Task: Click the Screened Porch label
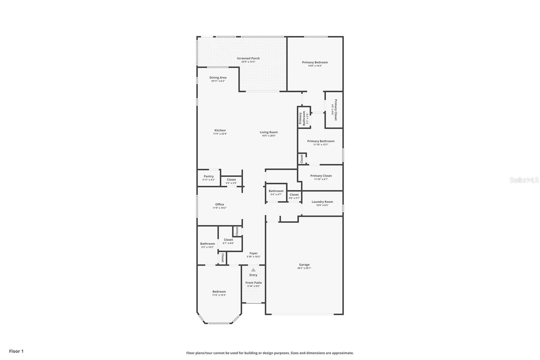pyautogui.click(x=248, y=58)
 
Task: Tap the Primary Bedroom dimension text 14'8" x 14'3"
pyautogui.click(x=315, y=66)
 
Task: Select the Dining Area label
pyautogui.click(x=218, y=78)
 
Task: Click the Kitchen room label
pyautogui.click(x=220, y=130)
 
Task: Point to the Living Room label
pyautogui.click(x=269, y=132)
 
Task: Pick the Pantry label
pyautogui.click(x=209, y=176)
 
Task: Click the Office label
pyautogui.click(x=219, y=204)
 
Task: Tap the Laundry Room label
pyautogui.click(x=322, y=202)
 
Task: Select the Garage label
pyautogui.click(x=304, y=265)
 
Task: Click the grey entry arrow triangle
pyautogui.click(x=253, y=270)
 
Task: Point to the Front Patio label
pyautogui.click(x=253, y=283)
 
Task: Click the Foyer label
pyautogui.click(x=253, y=253)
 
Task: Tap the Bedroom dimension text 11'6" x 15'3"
pyautogui.click(x=219, y=295)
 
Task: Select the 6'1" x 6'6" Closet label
pyautogui.click(x=228, y=240)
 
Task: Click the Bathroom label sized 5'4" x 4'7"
pyautogui.click(x=276, y=191)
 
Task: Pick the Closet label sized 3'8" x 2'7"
pyautogui.click(x=294, y=195)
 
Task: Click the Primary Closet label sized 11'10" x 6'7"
pyautogui.click(x=321, y=176)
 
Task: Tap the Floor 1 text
pyautogui.click(x=16, y=351)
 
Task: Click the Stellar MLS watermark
pyautogui.click(x=524, y=180)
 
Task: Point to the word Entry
pyautogui.click(x=253, y=275)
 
